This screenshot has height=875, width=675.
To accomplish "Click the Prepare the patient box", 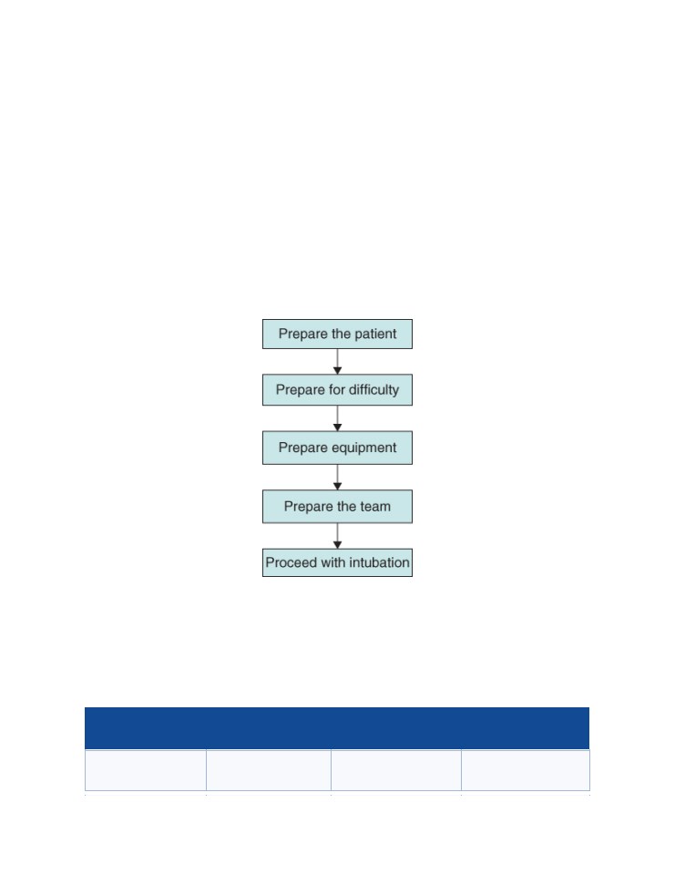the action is click(x=337, y=334).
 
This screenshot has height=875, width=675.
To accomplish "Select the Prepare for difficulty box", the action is click(x=337, y=389).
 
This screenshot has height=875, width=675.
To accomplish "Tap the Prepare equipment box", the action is click(x=337, y=448).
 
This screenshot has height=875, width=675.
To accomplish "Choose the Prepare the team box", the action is click(x=337, y=507).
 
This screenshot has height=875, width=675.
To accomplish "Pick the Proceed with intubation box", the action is click(x=337, y=562).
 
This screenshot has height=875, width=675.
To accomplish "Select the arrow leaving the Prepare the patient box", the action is click(x=337, y=362).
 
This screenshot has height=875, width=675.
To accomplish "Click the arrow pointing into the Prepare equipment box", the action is click(x=337, y=418).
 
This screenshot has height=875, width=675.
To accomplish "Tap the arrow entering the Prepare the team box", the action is click(x=337, y=478).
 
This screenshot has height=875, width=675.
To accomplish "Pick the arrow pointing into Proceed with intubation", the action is click(x=337, y=536).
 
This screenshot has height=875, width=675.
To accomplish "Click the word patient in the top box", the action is click(x=375, y=334).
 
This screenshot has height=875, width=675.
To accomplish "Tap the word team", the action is click(x=375, y=507).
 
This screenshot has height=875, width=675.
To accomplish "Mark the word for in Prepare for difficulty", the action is click(x=337, y=389).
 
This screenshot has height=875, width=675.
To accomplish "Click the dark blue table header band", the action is click(x=337, y=728).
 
